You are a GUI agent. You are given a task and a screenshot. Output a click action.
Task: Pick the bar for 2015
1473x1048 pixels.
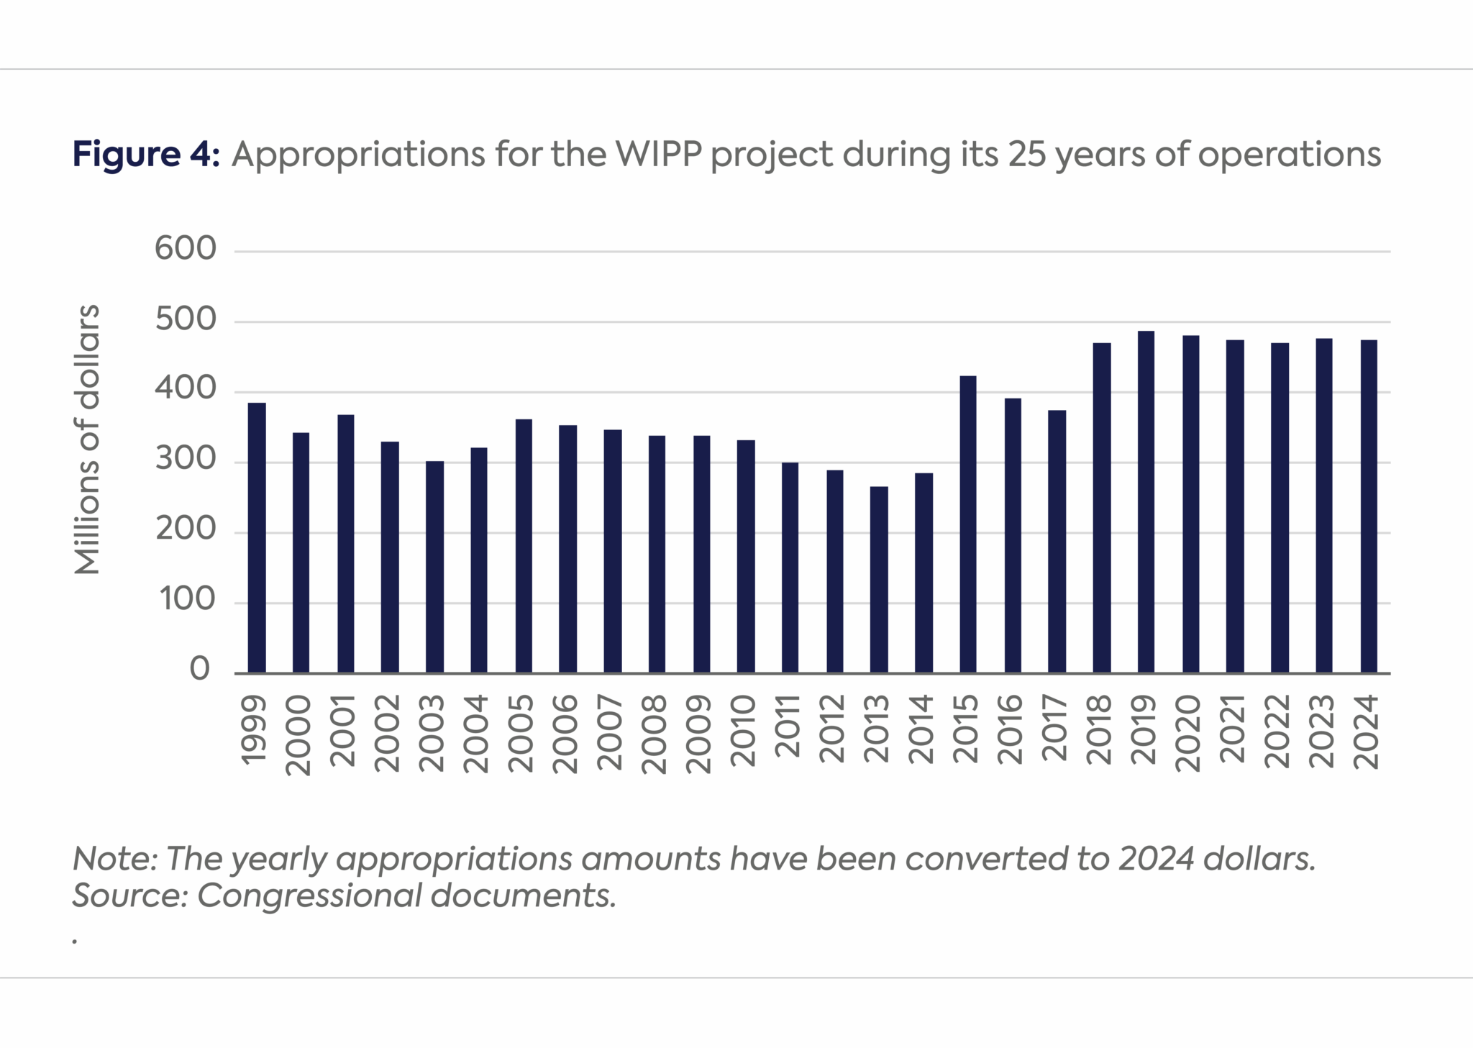(x=968, y=524)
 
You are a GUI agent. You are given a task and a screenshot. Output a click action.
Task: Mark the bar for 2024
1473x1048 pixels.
(x=1369, y=506)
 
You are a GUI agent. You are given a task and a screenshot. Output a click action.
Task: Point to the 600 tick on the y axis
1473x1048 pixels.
(x=185, y=250)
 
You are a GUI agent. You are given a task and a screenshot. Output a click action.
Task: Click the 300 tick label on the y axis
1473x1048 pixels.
(x=185, y=460)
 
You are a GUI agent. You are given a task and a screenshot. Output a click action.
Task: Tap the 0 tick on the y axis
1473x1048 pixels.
(x=199, y=670)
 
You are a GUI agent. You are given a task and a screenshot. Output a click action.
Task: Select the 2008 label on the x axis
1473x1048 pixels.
(x=655, y=734)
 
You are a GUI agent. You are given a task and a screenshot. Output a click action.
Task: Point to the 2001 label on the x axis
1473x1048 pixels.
(x=344, y=730)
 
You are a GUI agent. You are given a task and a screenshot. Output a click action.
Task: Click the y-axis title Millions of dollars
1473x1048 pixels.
(x=87, y=439)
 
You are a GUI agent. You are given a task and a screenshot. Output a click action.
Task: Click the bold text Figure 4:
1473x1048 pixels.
(x=145, y=154)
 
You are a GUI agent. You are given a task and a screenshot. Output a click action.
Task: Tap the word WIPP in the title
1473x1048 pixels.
(x=659, y=154)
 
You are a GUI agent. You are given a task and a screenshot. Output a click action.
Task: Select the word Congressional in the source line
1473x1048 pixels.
(x=309, y=896)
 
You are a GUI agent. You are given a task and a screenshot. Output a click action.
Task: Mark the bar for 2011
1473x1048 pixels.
(x=790, y=568)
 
